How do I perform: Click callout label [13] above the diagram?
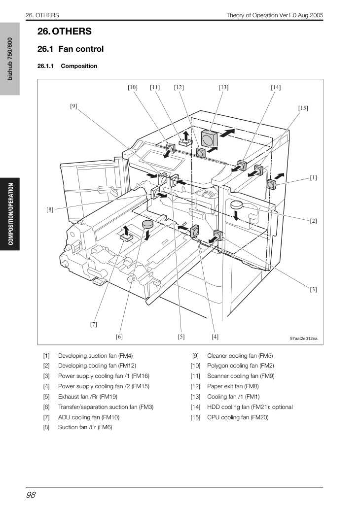point(223,87)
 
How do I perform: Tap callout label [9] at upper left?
point(74,106)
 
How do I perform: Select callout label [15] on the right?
point(303,108)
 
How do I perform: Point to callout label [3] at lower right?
point(313,289)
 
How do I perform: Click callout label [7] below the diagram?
point(94,324)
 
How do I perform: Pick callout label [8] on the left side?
point(50,210)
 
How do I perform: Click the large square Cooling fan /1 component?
point(209,139)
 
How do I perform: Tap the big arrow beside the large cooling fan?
point(227,133)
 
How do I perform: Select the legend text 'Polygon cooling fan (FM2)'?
point(241,366)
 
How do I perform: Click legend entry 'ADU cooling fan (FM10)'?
point(89,417)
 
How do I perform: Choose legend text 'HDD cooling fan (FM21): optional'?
point(250,407)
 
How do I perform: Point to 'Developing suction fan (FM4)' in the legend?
point(95,356)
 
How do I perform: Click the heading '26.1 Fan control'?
point(71,49)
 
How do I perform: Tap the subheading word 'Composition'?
point(79,66)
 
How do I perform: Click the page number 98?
point(31,495)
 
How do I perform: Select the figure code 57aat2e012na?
point(304,339)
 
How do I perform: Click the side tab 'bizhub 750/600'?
point(10,59)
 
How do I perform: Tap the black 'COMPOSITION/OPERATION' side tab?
point(11,214)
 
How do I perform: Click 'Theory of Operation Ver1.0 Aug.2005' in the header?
point(275,15)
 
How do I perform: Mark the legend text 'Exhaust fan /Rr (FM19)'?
point(88,397)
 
